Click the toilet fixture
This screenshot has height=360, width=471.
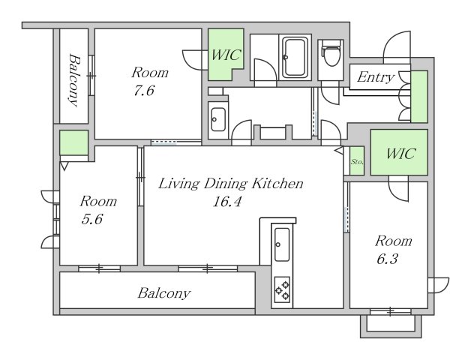tap(331, 53)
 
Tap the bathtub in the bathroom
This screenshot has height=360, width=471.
tap(295, 57)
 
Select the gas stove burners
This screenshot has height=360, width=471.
tap(282, 289)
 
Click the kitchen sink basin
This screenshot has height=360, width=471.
tap(282, 244)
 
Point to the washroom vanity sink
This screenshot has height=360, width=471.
tap(218, 119)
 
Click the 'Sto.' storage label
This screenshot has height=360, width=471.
tap(357, 162)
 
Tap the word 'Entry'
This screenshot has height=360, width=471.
tap(375, 77)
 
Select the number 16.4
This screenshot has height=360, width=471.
tap(226, 202)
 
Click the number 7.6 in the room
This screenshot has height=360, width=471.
tap(144, 91)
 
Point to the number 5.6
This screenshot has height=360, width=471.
tap(92, 219)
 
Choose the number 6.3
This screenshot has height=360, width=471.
tap(387, 259)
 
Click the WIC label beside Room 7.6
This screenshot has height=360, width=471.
tap(226, 55)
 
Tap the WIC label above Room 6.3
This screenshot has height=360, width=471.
tap(400, 154)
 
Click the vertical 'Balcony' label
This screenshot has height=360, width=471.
tap(74, 80)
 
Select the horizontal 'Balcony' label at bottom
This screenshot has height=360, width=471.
tap(164, 293)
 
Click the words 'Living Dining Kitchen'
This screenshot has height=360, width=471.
tap(230, 184)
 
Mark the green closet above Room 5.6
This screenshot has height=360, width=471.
tap(73, 142)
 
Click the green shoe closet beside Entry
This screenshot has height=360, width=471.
tap(419, 97)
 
